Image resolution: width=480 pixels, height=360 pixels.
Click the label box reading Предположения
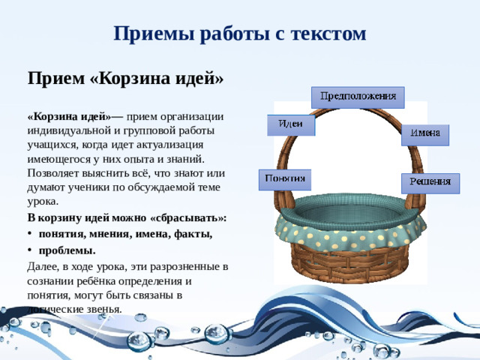pos(358,97)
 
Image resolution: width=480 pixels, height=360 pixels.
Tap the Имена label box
pos(424,134)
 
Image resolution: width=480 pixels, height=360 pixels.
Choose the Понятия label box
pos(286,179)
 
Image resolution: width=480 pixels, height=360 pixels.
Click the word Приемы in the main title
pos(145,34)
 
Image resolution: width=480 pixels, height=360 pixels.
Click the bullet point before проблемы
pos(31,250)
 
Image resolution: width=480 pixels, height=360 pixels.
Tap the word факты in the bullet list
pos(194,233)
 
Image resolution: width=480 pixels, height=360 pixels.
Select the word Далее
pos(43,266)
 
